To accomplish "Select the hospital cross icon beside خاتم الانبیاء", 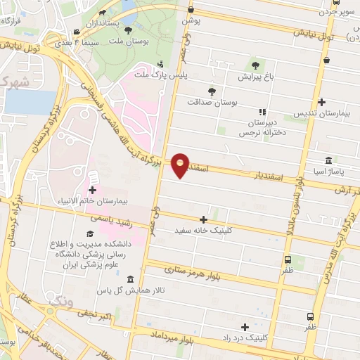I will click(93, 190).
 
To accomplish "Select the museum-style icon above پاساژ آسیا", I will click(329, 161).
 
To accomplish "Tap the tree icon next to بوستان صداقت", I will click(212, 91).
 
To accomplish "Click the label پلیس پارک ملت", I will click(150, 74).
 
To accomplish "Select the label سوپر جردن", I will click(337, 12).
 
